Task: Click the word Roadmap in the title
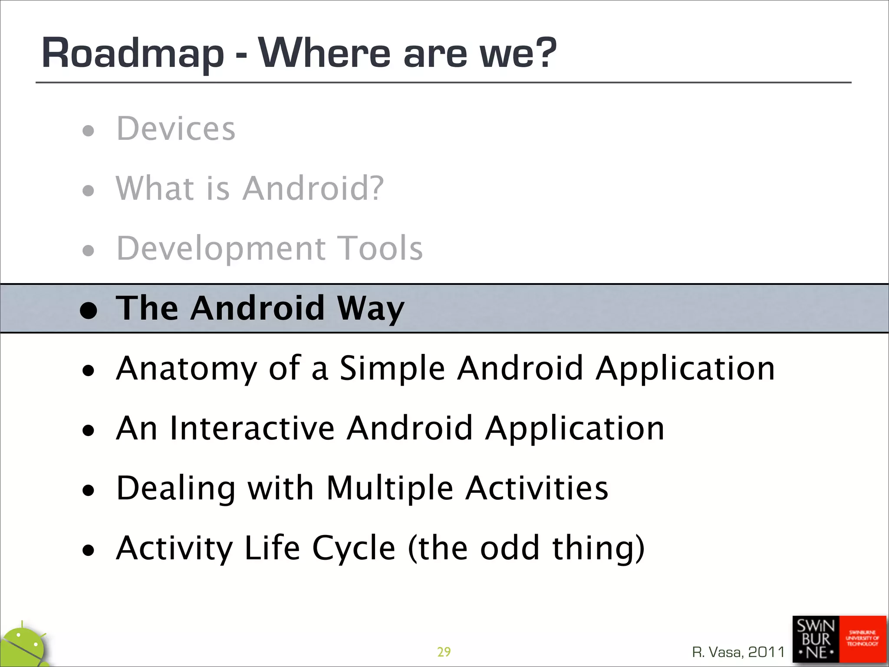tap(133, 54)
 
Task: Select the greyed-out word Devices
tap(176, 129)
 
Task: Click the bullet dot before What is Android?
tap(88, 190)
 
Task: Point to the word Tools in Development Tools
tap(380, 248)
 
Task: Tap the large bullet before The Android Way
tap(89, 310)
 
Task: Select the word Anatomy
tap(187, 369)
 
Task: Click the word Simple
tap(392, 369)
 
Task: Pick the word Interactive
tap(252, 429)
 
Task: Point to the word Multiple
tap(389, 489)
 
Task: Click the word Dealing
tap(176, 489)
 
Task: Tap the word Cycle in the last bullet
tap(354, 548)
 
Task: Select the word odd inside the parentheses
tap(510, 548)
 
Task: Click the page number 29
tap(444, 652)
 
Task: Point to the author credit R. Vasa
tap(717, 652)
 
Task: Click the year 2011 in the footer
tap(767, 652)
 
